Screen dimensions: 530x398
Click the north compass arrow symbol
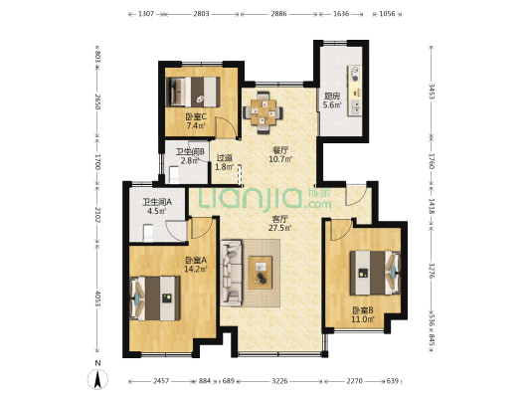click(x=97, y=379)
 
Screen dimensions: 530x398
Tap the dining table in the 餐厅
click(x=263, y=112)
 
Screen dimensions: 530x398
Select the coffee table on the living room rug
click(x=261, y=273)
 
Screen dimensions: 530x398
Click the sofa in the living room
click(x=232, y=273)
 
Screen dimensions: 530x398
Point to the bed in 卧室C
click(x=193, y=92)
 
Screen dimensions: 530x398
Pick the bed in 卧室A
click(x=155, y=298)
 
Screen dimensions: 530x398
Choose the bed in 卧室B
click(x=375, y=273)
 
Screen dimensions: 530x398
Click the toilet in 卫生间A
click(x=148, y=233)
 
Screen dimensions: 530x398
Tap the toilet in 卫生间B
click(x=174, y=175)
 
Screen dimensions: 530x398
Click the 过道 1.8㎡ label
click(x=225, y=162)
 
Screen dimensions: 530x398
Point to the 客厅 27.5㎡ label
click(x=279, y=223)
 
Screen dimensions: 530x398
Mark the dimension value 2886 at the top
click(x=278, y=14)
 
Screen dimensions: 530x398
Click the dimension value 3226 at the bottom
click(x=279, y=381)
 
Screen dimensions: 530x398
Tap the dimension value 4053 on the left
click(x=97, y=298)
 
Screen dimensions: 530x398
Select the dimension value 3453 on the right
click(x=432, y=92)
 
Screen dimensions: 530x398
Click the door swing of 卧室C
click(x=226, y=127)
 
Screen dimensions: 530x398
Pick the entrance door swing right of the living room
click(x=356, y=195)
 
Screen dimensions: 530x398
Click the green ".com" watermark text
click(x=318, y=204)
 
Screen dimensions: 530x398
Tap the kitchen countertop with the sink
click(x=355, y=91)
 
